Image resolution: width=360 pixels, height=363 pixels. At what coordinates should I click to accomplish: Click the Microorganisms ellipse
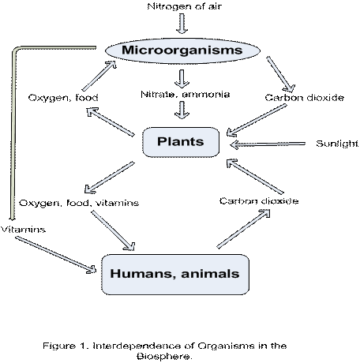182,51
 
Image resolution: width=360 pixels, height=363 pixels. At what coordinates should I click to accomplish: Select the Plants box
181,142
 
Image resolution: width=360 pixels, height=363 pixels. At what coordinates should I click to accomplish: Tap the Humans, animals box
175,275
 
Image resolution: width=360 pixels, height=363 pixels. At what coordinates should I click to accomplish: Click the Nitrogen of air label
185,6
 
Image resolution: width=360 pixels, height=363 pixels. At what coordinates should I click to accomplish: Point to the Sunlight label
337,144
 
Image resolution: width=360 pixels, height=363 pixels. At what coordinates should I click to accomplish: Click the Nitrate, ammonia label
186,94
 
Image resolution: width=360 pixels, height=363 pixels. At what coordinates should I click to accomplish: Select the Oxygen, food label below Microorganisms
63,98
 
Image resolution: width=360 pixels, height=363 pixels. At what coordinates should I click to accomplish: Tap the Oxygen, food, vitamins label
79,203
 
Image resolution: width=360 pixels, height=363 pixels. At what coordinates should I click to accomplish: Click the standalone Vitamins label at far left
23,230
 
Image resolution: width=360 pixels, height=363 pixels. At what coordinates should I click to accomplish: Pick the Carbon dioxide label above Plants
305,98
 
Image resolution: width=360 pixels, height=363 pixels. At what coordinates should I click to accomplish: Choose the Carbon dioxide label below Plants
259,201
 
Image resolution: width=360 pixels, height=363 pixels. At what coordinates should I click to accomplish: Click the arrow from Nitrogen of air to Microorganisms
182,24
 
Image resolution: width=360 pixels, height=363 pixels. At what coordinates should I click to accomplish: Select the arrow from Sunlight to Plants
268,144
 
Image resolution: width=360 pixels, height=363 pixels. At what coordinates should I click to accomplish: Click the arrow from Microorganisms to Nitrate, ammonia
182,79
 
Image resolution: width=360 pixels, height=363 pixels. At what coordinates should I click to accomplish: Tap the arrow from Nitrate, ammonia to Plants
182,110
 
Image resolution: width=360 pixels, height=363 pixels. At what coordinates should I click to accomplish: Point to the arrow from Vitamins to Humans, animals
56,255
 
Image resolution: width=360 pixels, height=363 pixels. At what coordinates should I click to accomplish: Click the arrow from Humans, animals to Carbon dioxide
244,229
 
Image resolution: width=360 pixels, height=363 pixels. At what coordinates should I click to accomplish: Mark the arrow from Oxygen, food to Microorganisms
99,76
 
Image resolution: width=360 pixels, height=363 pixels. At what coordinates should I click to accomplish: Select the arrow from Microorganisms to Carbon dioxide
280,74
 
